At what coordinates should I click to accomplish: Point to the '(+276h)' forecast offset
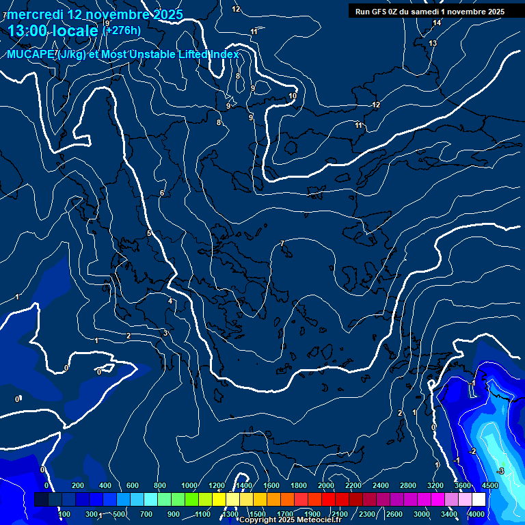122,30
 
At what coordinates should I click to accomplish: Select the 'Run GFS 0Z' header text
382,11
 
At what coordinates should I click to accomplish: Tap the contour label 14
437,23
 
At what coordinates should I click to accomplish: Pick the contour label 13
433,44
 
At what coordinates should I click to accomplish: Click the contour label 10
293,96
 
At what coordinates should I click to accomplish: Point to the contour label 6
162,193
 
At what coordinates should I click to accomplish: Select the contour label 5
149,234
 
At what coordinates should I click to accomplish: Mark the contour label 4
170,301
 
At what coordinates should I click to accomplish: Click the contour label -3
500,472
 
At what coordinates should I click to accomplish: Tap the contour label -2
472,452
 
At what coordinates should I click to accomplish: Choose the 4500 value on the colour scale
489,485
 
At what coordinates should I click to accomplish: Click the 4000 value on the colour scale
477,514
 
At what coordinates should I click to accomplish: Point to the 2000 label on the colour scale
326,485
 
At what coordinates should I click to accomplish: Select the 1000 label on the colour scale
189,485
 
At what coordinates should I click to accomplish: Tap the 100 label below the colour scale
65,514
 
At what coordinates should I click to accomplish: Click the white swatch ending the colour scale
479,500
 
